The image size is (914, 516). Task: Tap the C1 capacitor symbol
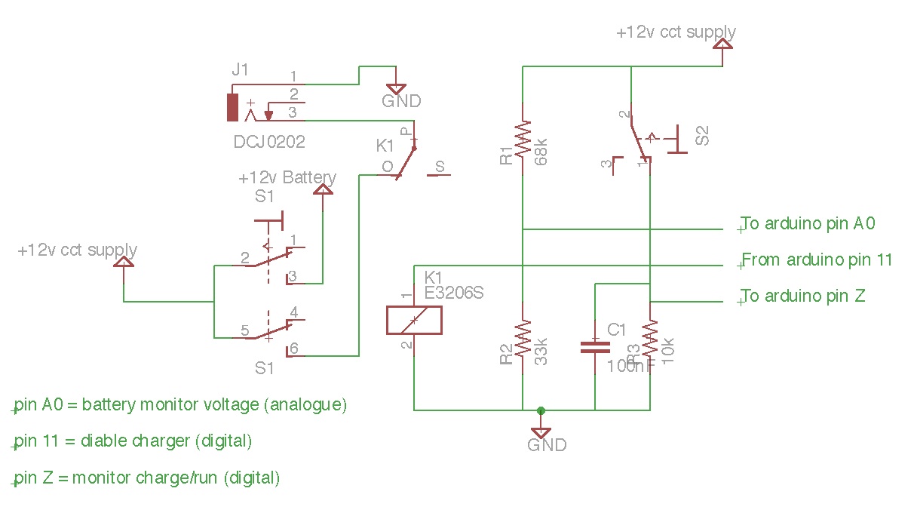[x=595, y=347]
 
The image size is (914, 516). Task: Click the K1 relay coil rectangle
[x=413, y=320]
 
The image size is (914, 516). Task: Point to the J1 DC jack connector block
[x=232, y=108]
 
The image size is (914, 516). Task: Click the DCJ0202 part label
[x=269, y=141]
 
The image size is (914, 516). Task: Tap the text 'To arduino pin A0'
[x=808, y=223]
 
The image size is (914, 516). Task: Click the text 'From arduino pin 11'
[x=817, y=260]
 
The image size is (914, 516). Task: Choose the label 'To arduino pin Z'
[x=803, y=296]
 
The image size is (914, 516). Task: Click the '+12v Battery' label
[x=287, y=178]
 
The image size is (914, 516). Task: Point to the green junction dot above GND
[x=541, y=410]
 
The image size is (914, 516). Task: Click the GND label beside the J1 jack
[x=401, y=101]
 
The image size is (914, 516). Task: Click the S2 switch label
[x=702, y=136]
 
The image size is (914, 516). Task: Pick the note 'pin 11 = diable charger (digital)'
[x=133, y=441]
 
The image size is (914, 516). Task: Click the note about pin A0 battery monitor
[x=181, y=404]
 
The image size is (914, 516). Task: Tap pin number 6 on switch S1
[x=293, y=349]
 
